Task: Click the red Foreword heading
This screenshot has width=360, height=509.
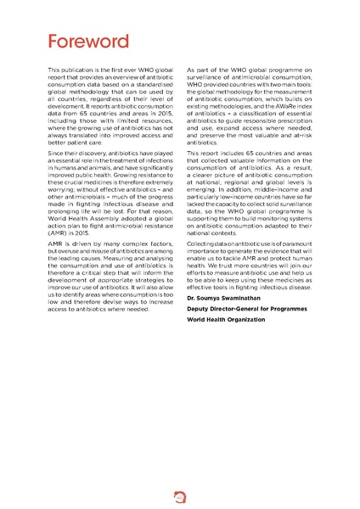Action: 88,42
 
